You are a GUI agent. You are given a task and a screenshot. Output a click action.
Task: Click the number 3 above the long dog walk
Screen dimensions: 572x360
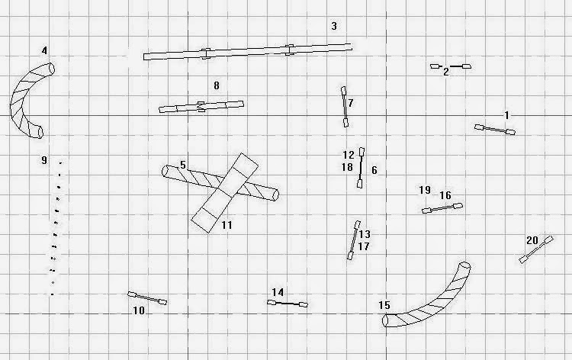(x=333, y=27)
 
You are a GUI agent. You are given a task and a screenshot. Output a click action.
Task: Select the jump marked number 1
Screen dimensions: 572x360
(x=495, y=130)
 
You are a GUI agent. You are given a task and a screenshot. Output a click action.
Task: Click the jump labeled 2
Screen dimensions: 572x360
(x=451, y=66)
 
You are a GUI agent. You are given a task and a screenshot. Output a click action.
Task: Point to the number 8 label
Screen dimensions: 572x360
(x=217, y=86)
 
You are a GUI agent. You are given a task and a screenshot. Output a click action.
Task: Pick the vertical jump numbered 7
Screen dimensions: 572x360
(x=345, y=106)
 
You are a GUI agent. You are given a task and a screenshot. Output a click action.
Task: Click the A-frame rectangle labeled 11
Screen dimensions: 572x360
(x=225, y=192)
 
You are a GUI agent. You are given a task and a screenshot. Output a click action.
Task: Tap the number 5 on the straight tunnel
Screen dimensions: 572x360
(x=183, y=165)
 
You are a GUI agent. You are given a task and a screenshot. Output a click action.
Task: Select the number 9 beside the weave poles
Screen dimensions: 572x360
(x=44, y=160)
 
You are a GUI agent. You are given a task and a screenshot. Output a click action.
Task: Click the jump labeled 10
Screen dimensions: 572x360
(x=147, y=298)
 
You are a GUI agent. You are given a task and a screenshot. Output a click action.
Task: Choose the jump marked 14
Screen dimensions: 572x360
(x=288, y=304)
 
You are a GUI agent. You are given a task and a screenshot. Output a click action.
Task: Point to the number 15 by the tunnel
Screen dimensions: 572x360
(x=384, y=306)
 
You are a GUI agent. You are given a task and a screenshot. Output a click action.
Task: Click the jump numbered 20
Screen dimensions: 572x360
(x=535, y=250)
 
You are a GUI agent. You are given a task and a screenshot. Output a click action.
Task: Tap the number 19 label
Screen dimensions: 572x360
(x=425, y=190)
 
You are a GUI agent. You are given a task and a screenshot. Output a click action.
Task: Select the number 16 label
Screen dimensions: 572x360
(x=445, y=196)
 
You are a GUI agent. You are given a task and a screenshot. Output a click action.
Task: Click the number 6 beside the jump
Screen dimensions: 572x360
(x=374, y=170)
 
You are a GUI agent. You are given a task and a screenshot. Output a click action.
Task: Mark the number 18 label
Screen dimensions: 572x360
(x=347, y=167)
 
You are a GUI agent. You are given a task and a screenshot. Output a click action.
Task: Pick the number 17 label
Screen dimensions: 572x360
(x=364, y=246)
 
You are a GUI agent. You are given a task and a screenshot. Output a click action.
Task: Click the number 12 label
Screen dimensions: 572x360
(x=348, y=155)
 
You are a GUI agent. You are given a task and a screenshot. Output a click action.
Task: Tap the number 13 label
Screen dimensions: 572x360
(x=365, y=234)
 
